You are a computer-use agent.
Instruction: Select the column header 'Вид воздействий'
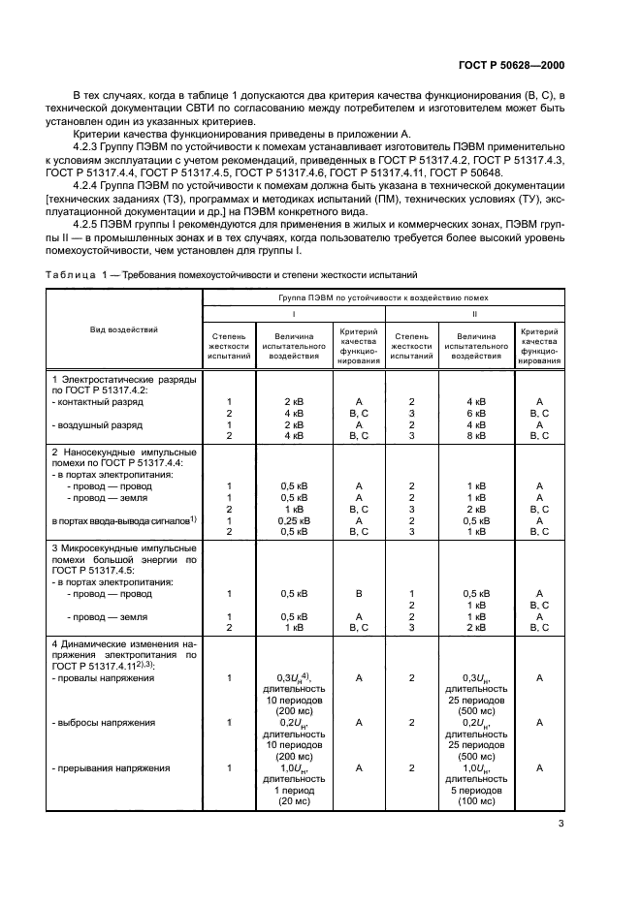click(x=124, y=329)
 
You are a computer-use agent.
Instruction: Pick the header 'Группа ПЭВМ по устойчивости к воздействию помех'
click(x=386, y=298)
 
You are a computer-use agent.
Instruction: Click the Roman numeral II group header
click(x=475, y=314)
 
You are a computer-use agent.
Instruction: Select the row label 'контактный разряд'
click(x=103, y=401)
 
